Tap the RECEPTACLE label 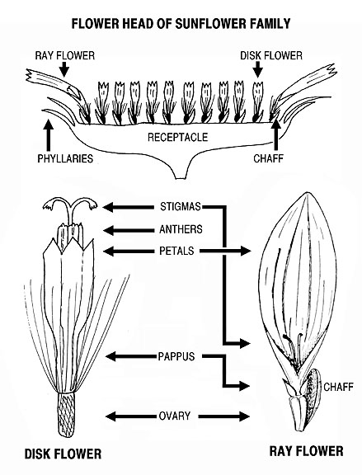178,137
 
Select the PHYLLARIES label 65,158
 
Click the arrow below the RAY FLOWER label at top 64,69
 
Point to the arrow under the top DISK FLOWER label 258,69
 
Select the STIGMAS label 181,207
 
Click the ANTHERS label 181,229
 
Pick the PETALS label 176,251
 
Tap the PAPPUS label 176,356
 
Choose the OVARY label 175,416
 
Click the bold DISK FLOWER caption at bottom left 63,454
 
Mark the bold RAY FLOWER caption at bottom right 306,451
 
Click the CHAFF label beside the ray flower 338,387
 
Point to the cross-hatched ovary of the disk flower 66,414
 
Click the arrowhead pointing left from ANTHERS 109,231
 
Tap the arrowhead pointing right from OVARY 245,416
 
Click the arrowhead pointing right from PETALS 246,251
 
